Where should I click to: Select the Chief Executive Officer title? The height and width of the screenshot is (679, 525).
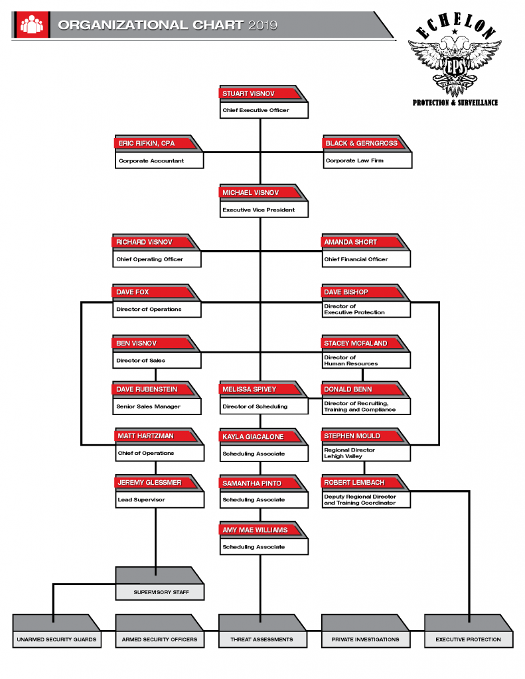tap(256, 110)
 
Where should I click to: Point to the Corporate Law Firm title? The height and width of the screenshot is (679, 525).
tap(354, 160)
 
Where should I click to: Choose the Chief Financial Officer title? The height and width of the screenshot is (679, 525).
tap(356, 259)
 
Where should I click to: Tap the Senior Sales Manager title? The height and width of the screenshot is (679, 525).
tap(148, 406)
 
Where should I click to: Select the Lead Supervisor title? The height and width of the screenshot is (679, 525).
tap(141, 499)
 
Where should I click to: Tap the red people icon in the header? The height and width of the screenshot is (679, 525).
tap(31, 25)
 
